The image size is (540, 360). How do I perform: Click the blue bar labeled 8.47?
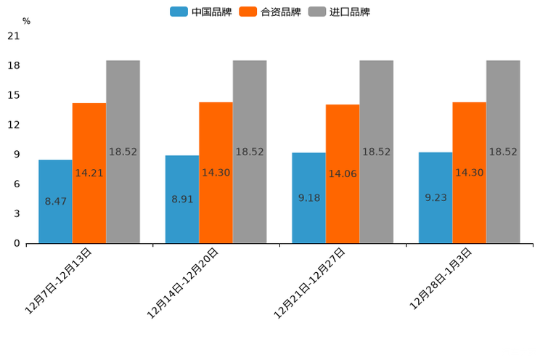point(55,201)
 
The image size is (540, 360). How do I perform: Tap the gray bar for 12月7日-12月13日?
point(123,152)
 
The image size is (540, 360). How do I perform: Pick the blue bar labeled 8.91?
point(182,199)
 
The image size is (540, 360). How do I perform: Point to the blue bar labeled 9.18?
point(308,197)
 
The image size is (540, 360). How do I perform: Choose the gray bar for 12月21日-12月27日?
point(376,152)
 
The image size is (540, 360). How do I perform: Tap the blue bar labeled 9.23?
point(435,197)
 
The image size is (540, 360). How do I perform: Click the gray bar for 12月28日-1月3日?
point(503,152)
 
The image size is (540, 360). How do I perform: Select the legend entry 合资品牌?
point(270,12)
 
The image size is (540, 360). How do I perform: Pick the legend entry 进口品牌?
point(339,12)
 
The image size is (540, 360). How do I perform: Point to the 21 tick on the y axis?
point(13,36)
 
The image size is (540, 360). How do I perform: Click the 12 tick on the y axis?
point(13,125)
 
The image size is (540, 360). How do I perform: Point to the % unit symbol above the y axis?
point(26,21)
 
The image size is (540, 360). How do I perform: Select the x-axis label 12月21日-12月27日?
point(310,282)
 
